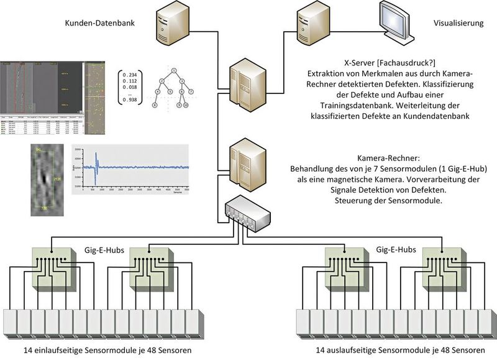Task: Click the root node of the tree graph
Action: [x=176, y=70]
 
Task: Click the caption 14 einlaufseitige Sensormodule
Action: [x=100, y=351]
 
